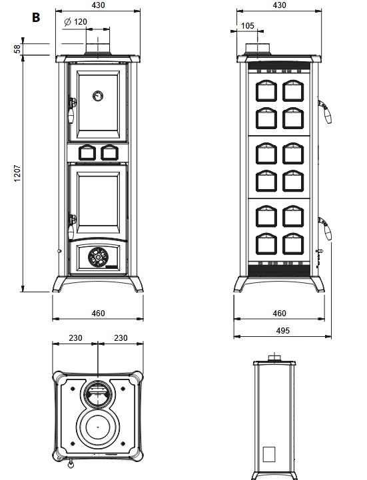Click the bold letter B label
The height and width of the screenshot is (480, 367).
tap(36, 17)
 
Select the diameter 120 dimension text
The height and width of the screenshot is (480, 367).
tap(76, 22)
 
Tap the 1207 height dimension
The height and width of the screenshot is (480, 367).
tap(17, 174)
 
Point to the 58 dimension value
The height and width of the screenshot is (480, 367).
tap(17, 49)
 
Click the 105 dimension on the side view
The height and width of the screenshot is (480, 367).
tap(248, 26)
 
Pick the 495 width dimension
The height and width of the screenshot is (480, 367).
tap(282, 331)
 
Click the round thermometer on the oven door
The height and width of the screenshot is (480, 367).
tap(98, 96)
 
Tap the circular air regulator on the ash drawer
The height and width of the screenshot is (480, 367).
tap(98, 257)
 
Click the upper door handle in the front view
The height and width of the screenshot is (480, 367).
tap(71, 111)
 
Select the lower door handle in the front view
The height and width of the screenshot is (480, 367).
tap(71, 226)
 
